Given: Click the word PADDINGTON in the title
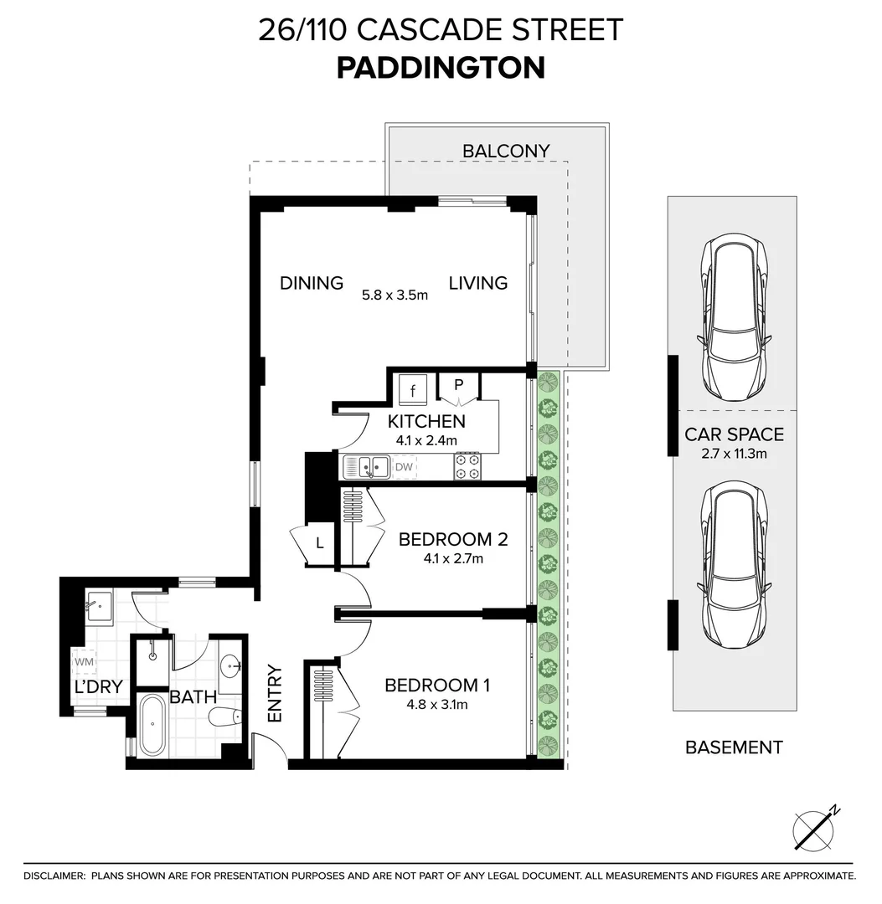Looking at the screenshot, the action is pos(441,68).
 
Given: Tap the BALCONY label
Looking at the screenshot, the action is pos(506,151).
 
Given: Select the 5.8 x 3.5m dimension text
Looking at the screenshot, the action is pos(395,295).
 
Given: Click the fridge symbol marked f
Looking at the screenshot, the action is pos(412,390).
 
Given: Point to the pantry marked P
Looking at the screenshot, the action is pos(459,385).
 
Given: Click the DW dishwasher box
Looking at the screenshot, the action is pos(404,467).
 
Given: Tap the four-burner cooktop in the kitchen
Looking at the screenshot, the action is pos(467,467).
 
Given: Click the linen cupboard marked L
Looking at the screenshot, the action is pos(320,543).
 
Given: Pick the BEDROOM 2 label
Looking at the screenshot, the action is pos(453,540).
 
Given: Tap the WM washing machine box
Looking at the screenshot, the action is pos(85,662).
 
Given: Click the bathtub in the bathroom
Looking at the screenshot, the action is pos(152,725).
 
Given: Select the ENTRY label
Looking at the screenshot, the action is pos(275,694).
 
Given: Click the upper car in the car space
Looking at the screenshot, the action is pos(734,317).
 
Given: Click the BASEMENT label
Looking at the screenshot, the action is pos(734,747).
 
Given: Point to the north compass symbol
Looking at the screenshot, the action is pos(814,829).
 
